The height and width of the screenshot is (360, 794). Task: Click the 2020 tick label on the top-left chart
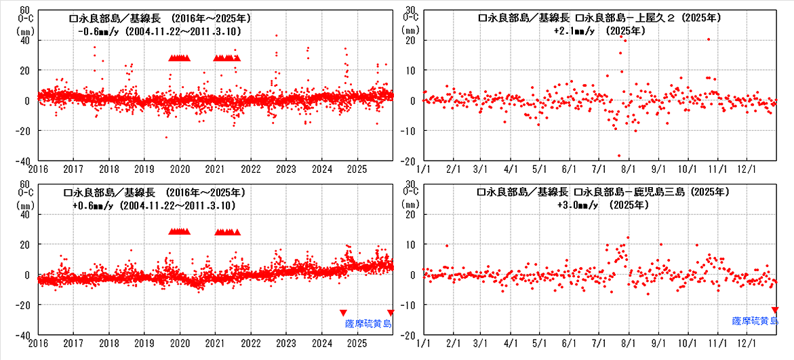pyautogui.click(x=180, y=169)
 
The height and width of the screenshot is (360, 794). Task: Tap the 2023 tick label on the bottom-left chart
pyautogui.click(x=286, y=343)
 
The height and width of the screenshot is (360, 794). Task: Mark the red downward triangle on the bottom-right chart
pyautogui.click(x=775, y=310)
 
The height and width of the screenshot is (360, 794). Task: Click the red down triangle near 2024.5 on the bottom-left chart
pyautogui.click(x=343, y=313)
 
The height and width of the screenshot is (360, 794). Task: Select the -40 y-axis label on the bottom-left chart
pyautogui.click(x=21, y=335)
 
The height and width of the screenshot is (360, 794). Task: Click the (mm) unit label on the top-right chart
pyautogui.click(x=410, y=31)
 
